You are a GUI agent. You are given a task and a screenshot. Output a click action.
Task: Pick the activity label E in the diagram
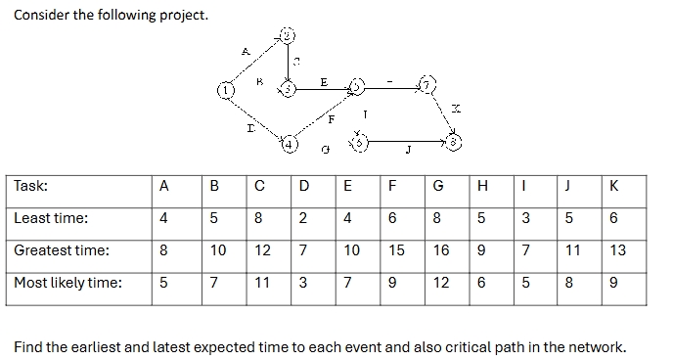[324, 81]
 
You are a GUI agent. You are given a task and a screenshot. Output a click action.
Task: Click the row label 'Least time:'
[51, 218]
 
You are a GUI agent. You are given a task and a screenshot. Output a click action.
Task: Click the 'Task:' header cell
[32, 186]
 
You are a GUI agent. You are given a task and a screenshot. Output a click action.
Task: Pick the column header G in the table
[441, 186]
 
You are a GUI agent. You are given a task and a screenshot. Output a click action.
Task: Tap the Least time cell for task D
[303, 218]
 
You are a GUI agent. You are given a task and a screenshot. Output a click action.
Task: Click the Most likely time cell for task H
[480, 283]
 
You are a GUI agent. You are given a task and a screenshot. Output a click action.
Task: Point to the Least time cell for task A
[164, 218]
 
